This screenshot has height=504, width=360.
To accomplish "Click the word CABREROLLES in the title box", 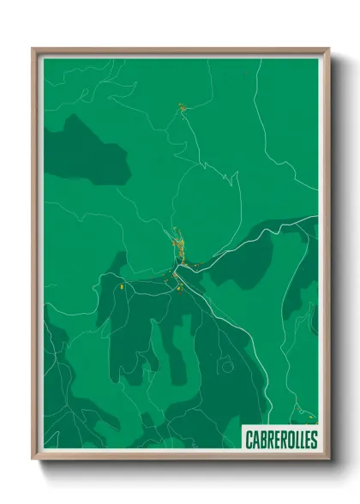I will click(280, 439).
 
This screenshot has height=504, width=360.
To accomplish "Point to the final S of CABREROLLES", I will click(313, 439).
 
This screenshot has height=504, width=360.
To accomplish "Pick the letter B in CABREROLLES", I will click(262, 439).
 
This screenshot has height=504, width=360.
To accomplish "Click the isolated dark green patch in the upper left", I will click(86, 150).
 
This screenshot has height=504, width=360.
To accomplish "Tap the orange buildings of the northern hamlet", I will click(182, 107).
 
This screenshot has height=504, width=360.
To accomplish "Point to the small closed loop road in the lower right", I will click(227, 367).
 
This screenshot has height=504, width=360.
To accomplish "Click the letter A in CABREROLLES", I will click(255, 439).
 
